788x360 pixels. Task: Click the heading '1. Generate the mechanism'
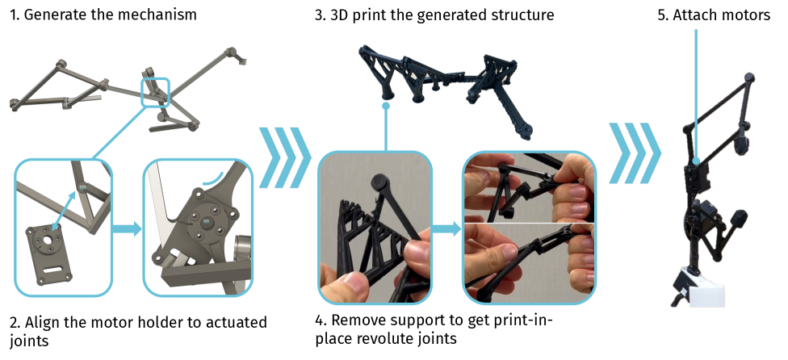tap(103, 15)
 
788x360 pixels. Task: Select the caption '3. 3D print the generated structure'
tap(434, 15)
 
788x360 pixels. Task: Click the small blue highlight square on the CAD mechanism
tap(155, 92)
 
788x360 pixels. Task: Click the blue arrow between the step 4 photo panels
tap(446, 229)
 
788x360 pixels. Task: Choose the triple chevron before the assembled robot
tap(635, 153)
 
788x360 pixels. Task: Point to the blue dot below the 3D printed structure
tap(386, 106)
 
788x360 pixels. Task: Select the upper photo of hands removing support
tap(529, 188)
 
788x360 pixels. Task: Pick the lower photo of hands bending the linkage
tap(529, 262)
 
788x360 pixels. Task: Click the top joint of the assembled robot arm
tap(748, 78)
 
